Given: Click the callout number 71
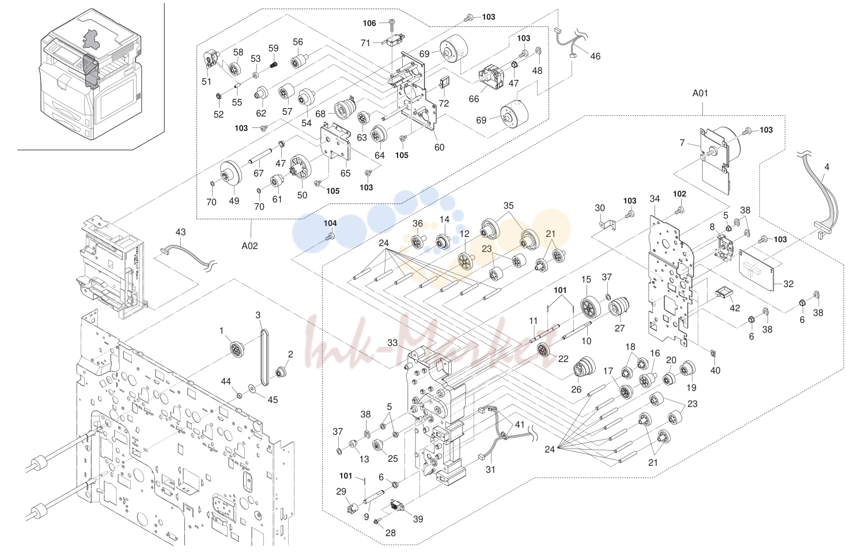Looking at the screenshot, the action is pos(365,43).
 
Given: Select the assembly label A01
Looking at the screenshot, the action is pos(700,93).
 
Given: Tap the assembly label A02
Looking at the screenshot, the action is pos(249,246).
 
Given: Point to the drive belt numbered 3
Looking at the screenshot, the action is pos(264,357).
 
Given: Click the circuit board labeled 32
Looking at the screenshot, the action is pos(757,270).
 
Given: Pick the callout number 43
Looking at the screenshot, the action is pos(180,232).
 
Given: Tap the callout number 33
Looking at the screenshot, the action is pos(392,343).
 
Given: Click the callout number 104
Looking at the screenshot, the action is pos(330,223).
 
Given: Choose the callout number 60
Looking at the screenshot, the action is pos(439,148).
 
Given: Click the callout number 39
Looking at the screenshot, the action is pos(418,519).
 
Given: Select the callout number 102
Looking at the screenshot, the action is pos(679,194).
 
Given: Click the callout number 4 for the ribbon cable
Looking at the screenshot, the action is pos(827,167).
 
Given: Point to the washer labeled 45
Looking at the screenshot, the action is pos(252,387).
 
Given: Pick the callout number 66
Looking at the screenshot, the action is pos(474,99).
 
